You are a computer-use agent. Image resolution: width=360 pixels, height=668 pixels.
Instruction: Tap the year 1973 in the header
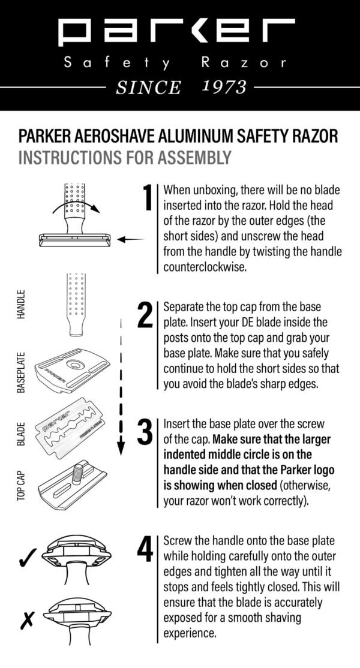coord(224,88)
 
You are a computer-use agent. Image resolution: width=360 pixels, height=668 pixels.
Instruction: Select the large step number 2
coord(145,316)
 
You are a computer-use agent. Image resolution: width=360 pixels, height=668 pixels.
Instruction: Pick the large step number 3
coord(145,434)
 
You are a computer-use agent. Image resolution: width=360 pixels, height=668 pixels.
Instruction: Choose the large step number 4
coord(145,549)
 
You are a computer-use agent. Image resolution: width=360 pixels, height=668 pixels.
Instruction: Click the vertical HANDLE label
coord(21,305)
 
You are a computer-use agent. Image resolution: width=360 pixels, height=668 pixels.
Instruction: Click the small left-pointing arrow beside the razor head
coord(130,239)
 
